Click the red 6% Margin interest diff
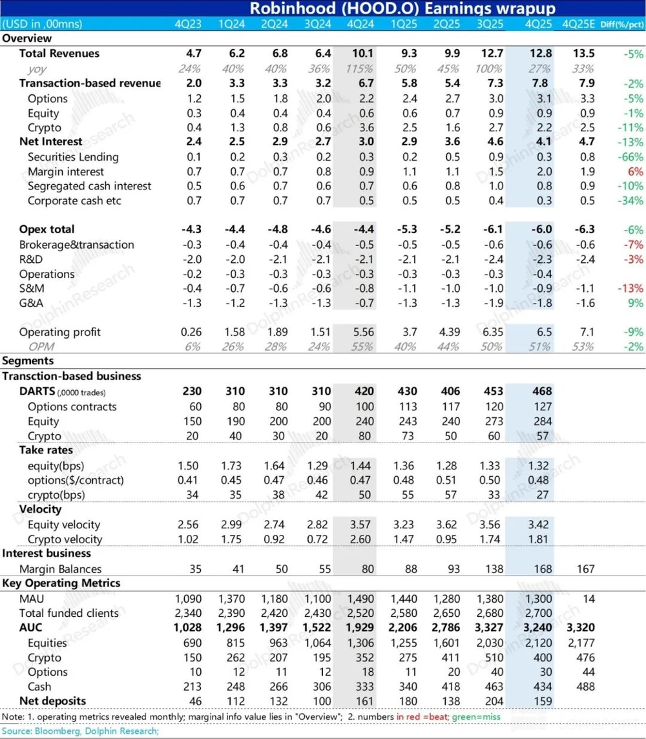[635, 171]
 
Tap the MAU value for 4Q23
[189, 599]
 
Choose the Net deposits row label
[52, 700]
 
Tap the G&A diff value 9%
[635, 303]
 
